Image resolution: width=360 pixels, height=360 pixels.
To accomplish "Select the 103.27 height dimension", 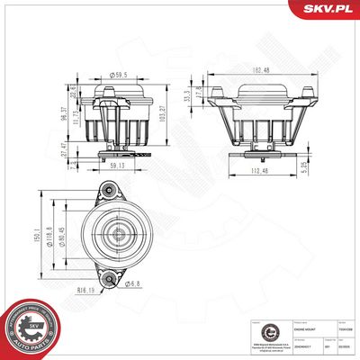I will [x=164, y=110].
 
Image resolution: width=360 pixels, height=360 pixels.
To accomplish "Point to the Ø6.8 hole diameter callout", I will [x=133, y=285].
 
